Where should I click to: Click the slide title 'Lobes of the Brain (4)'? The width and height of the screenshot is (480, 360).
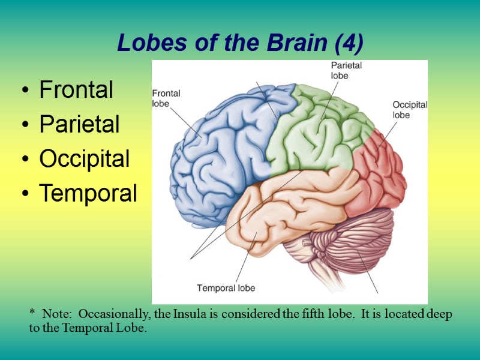coord(240,43)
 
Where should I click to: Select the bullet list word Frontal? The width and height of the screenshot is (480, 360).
coord(76,90)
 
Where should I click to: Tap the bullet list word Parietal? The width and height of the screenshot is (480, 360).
coord(79,125)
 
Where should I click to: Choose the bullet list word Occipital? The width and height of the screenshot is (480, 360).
coord(85,160)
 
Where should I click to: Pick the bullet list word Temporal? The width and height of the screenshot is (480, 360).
coord(88,194)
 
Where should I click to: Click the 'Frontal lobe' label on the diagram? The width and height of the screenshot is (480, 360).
coord(166,98)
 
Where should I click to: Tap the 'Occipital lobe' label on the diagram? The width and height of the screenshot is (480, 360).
coord(410,109)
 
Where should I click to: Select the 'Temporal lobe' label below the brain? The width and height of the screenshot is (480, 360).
coord(226,288)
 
